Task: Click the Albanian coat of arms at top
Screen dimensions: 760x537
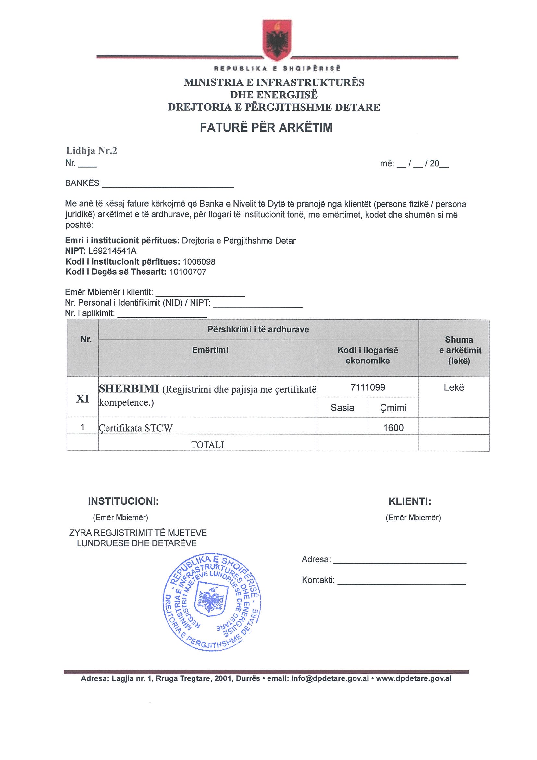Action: point(277,40)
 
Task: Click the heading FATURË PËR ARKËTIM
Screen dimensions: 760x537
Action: point(266,128)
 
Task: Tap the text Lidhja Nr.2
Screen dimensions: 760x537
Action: point(91,151)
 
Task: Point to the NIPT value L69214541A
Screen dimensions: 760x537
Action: point(112,251)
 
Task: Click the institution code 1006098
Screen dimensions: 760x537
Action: point(199,262)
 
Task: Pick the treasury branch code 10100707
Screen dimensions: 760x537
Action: point(188,272)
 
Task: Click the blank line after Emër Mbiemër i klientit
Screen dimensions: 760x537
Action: point(200,294)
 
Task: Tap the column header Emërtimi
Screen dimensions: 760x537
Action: point(210,350)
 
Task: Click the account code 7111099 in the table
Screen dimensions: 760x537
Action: point(368,387)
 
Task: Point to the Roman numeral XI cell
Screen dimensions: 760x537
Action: point(83,399)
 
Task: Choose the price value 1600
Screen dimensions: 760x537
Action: point(393,428)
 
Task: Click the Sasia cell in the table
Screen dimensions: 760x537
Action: point(342,408)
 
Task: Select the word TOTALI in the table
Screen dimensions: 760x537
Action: point(207,445)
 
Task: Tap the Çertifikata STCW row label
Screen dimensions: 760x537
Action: point(136,428)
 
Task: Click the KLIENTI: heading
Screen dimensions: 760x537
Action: point(410,501)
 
